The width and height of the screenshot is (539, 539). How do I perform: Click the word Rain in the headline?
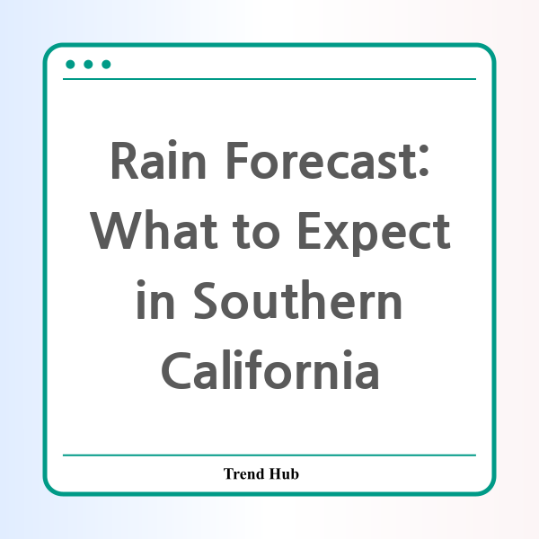click(158, 160)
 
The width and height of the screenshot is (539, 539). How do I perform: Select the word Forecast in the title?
click(322, 161)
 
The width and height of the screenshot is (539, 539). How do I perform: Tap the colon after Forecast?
click(423, 161)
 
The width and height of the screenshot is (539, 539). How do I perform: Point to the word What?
click(154, 230)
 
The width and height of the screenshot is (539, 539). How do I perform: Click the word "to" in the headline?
click(256, 231)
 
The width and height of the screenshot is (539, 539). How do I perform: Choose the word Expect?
click(375, 233)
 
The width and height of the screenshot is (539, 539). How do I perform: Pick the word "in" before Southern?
click(155, 299)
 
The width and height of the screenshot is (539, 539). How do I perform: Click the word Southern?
click(297, 299)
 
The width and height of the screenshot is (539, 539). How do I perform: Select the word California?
click(270, 369)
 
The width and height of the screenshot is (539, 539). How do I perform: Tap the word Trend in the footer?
click(243, 473)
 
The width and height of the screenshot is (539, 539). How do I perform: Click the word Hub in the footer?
click(284, 473)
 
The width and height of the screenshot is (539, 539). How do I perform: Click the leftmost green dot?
click(70, 65)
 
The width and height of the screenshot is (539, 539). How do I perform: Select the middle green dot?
click(88, 65)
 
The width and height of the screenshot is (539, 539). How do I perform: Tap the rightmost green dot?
click(106, 65)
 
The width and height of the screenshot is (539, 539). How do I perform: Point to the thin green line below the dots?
click(269, 79)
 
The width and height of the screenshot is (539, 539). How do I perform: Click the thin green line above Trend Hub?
click(269, 455)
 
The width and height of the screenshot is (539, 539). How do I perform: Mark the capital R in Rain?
click(125, 160)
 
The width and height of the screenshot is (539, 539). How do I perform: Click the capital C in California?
click(176, 370)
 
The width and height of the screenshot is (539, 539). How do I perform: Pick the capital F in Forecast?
click(237, 160)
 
